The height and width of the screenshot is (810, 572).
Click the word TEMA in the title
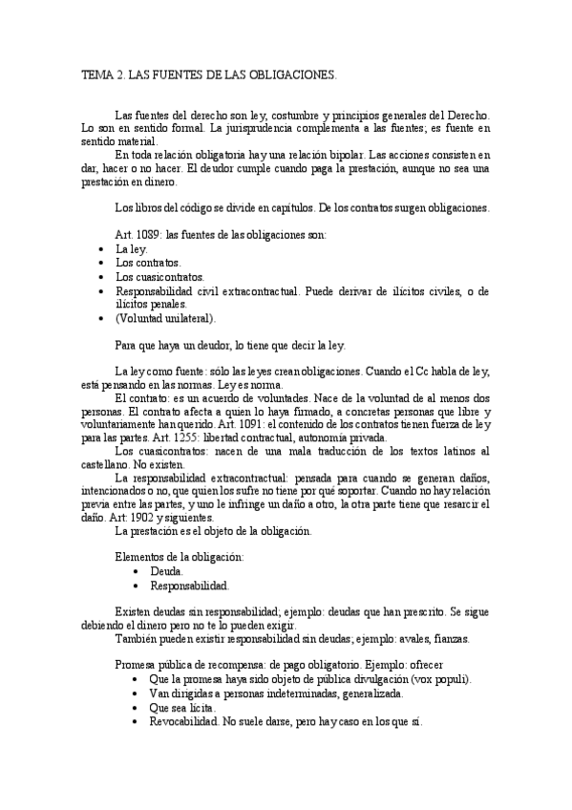pyautogui.click(x=95, y=73)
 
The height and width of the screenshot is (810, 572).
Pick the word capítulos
pyautogui.click(x=261, y=207)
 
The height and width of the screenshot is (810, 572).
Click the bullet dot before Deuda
pyautogui.click(x=139, y=570)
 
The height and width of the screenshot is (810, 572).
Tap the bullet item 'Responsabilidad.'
pyautogui.click(x=189, y=585)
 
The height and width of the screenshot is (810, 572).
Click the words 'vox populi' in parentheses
pyautogui.click(x=441, y=678)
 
